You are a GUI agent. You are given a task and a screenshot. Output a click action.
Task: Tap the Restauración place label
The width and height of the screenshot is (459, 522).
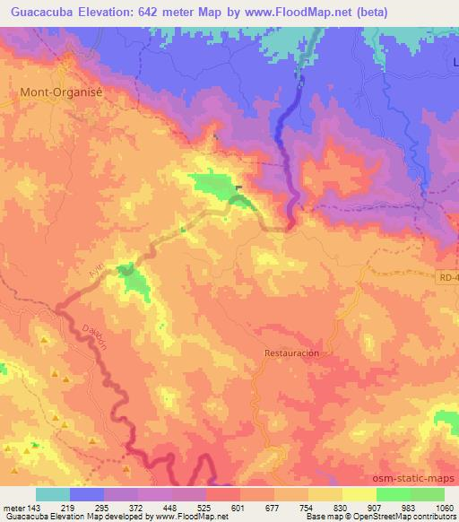tap(291, 353)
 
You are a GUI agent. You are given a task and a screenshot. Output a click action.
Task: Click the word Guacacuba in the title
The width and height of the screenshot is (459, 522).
tap(42, 13)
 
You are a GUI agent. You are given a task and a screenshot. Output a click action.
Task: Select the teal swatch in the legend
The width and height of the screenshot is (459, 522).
tap(53, 494)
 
